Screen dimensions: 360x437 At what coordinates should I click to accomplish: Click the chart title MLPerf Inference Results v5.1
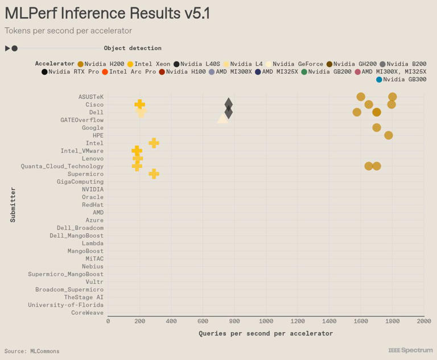[x=107, y=14]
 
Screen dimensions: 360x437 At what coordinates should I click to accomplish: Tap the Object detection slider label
[x=132, y=48]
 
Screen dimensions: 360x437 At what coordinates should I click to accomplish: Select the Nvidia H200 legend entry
[x=101, y=64]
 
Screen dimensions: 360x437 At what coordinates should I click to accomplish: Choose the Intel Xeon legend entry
[x=149, y=64]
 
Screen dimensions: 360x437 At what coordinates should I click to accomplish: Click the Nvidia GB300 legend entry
[x=401, y=80]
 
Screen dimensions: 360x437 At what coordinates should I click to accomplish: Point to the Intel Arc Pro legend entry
[x=129, y=72]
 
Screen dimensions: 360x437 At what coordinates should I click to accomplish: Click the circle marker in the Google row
[x=377, y=127]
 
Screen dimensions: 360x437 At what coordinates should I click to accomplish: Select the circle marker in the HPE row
[x=388, y=135]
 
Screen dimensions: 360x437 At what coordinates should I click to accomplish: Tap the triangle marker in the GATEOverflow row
[x=222, y=118]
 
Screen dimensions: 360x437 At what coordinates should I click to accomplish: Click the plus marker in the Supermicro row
[x=154, y=173]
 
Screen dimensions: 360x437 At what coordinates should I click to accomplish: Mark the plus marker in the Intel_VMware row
[x=137, y=151]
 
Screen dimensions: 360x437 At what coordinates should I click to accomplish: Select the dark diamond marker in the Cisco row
[x=228, y=104]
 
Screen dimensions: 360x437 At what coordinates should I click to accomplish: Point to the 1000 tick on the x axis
[x=266, y=321]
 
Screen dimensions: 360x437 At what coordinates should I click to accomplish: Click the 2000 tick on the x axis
[x=423, y=321]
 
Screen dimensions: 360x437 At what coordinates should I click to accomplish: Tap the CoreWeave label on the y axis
[x=87, y=313]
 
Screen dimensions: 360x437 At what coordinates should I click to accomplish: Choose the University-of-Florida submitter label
[x=66, y=305]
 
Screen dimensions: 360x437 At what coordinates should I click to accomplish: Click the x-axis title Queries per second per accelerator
[x=266, y=333]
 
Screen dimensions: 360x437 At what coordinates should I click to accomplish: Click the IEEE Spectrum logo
[x=410, y=350]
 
